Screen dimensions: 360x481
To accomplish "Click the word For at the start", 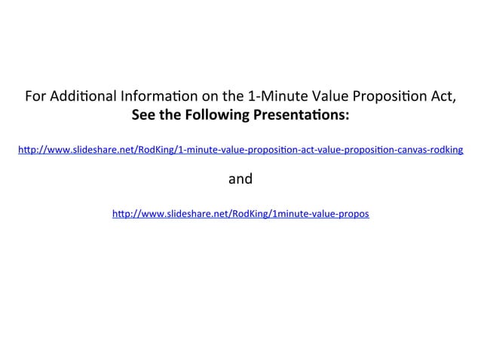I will pos(35,97).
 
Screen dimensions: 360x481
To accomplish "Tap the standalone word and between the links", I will pos(240,179).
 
